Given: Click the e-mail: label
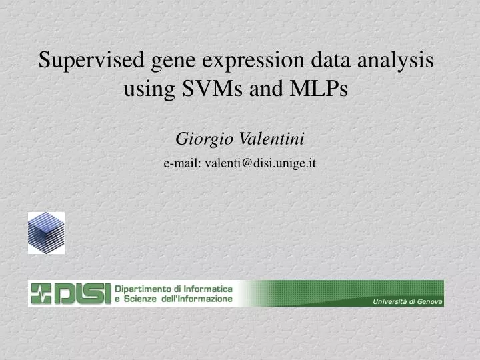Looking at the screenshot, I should click(x=183, y=163).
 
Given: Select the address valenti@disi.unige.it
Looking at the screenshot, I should click(x=261, y=163).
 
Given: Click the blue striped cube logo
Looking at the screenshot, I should click(x=46, y=233).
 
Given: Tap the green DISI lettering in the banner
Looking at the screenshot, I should click(x=81, y=293).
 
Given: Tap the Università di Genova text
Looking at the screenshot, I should click(x=406, y=302).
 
